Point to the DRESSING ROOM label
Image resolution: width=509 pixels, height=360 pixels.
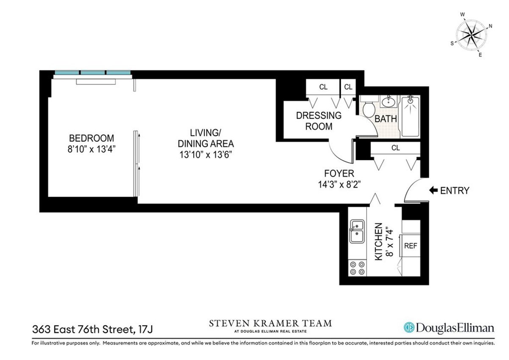click(x=318, y=121)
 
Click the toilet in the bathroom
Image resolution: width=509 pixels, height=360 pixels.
click(x=368, y=108)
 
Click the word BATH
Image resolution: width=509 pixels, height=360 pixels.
click(x=386, y=119)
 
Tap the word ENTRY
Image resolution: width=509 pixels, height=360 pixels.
click(x=455, y=191)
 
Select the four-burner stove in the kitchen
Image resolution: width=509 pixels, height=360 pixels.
click(x=357, y=267)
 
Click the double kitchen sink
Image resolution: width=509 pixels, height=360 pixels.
click(x=357, y=231)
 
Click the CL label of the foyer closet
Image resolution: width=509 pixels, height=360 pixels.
click(x=395, y=148)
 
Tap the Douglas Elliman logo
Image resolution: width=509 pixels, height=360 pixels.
click(x=448, y=327)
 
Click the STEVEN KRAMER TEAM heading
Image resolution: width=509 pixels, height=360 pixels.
click(x=271, y=324)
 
